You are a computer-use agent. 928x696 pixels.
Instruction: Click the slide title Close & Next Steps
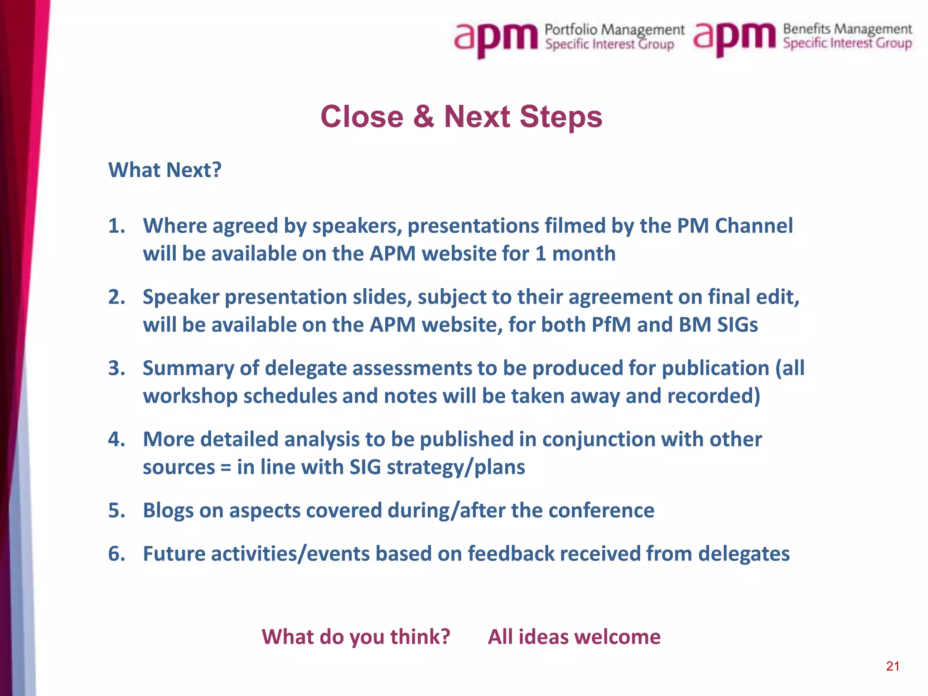[x=461, y=117]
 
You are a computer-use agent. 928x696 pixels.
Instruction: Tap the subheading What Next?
[x=165, y=170]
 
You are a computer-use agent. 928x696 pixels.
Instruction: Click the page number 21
[x=893, y=666]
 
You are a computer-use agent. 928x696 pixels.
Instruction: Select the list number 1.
[x=116, y=226]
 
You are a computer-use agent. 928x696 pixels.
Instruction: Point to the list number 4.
[x=116, y=440]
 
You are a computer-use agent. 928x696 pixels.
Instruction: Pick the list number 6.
[x=116, y=554]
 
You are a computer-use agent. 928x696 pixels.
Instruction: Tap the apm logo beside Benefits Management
[x=734, y=38]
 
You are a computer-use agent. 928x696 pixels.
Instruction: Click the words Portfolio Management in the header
[x=614, y=30]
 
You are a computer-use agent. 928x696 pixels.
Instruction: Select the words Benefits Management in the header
[x=847, y=29]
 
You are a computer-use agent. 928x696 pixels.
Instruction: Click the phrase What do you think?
[x=356, y=637]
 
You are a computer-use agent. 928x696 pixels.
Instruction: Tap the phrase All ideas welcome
[x=574, y=637]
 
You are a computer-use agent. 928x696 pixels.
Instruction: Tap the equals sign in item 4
[x=226, y=468]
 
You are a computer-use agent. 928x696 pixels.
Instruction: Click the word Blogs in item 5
[x=168, y=511]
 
